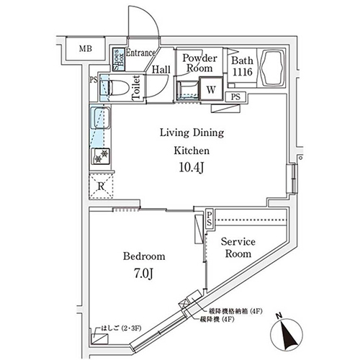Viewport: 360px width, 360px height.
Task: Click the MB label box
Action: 86,50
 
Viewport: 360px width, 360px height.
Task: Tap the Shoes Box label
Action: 117,56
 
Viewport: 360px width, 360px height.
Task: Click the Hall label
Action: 161,70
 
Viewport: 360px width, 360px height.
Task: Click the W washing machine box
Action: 212,90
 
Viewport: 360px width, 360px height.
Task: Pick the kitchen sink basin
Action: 99,117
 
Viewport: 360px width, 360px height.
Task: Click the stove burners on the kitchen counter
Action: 100,154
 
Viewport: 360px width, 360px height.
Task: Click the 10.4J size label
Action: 190,168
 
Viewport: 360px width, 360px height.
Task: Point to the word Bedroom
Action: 145,256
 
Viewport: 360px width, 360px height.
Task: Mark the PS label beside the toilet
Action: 94,81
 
